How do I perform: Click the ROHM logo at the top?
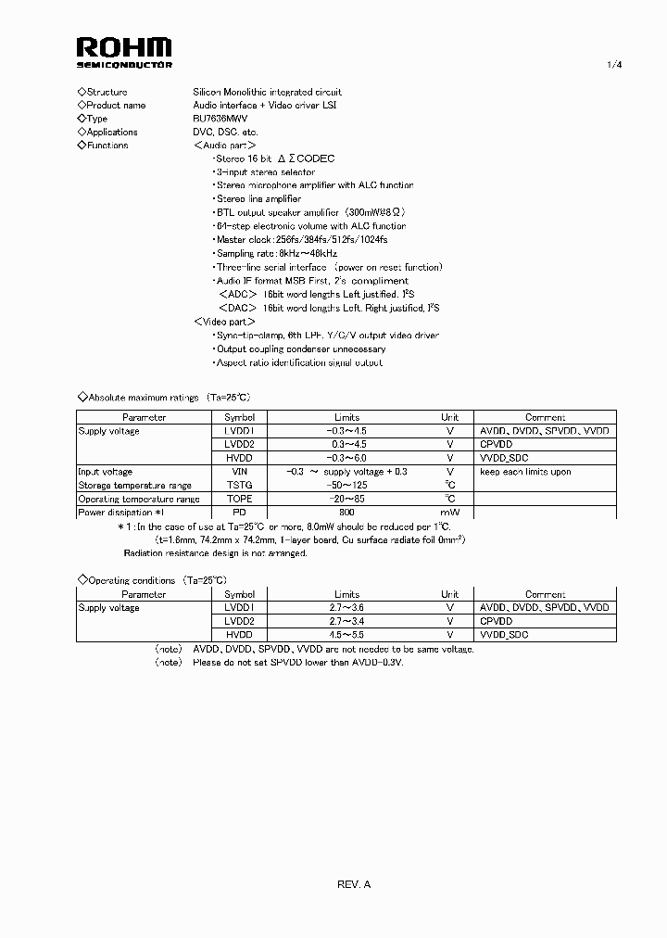[x=123, y=51]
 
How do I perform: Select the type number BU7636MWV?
[x=220, y=119]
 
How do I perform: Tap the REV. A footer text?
[x=354, y=884]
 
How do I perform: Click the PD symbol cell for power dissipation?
[x=239, y=513]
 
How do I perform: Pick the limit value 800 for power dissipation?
[x=346, y=513]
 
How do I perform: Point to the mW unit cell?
[x=449, y=513]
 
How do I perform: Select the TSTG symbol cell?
[x=239, y=486]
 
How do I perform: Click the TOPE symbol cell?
[x=239, y=499]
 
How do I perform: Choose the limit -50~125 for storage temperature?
[x=346, y=486]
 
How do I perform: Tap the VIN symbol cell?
[x=239, y=472]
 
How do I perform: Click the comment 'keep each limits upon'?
[x=525, y=472]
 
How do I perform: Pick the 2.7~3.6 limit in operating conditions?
[x=346, y=608]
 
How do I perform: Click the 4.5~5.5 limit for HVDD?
[x=346, y=635]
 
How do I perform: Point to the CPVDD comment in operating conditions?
[x=496, y=621]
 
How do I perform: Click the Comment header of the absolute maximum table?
[x=545, y=417]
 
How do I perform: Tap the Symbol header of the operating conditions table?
[x=239, y=594]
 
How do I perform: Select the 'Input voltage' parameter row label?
[x=105, y=472]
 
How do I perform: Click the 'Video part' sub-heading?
[x=224, y=322]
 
